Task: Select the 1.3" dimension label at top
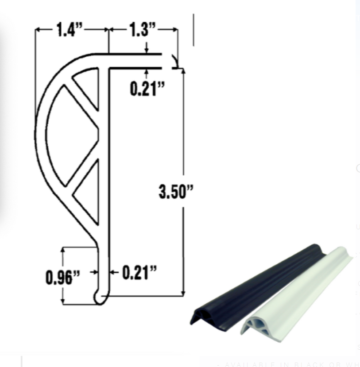coord(143,30)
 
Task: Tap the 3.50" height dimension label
coord(176,192)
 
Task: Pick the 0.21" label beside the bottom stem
coord(139,272)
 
